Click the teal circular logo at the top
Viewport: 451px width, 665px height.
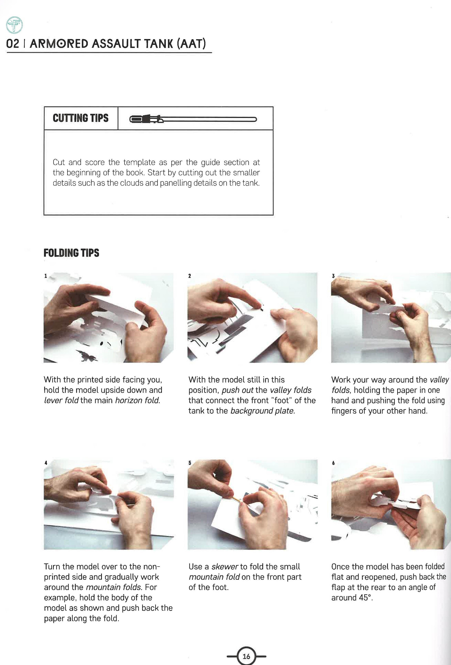[14, 25]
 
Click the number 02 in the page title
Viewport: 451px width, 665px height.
[12, 44]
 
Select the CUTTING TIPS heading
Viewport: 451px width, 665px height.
[80, 118]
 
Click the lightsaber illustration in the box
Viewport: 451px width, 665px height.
[193, 119]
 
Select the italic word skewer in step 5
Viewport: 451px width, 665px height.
[225, 566]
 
